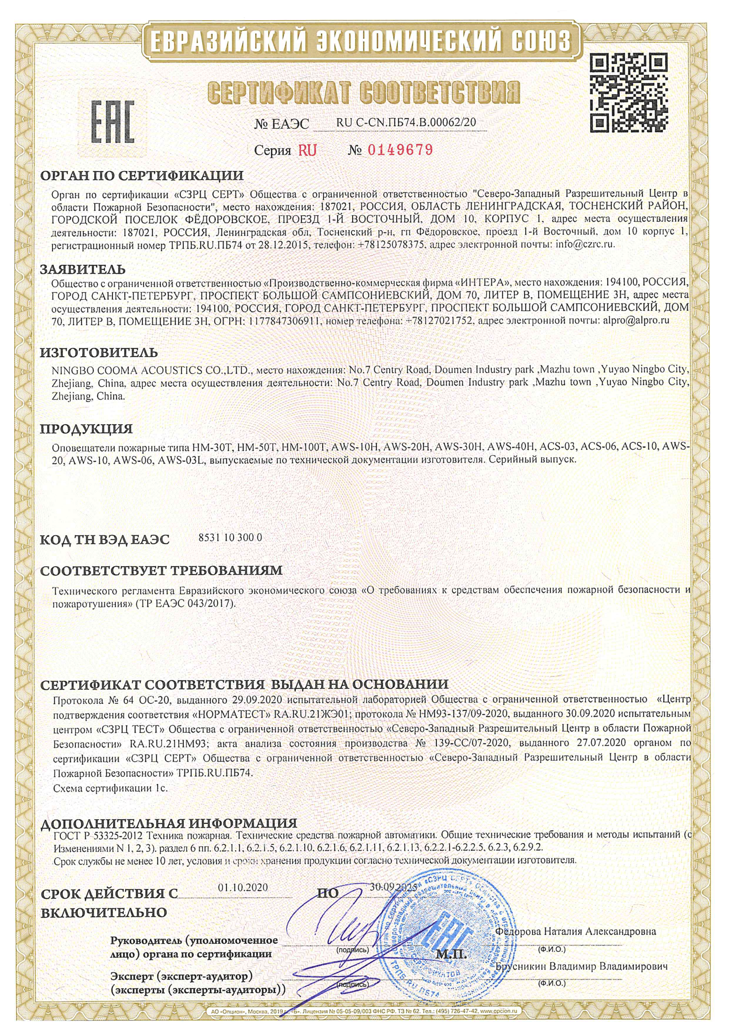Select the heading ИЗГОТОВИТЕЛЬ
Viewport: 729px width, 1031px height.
(x=99, y=352)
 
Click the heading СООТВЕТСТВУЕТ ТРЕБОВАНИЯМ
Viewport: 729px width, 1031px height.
(x=162, y=571)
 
